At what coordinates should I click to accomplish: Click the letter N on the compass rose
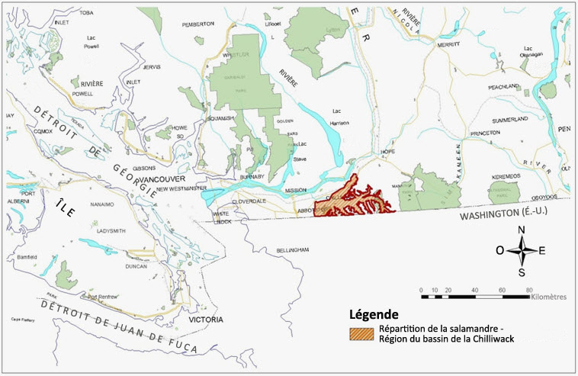point(522,229)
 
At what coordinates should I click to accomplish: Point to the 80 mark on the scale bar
point(528,291)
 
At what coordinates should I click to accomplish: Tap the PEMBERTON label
point(197,24)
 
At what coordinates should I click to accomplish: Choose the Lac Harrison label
point(340,117)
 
